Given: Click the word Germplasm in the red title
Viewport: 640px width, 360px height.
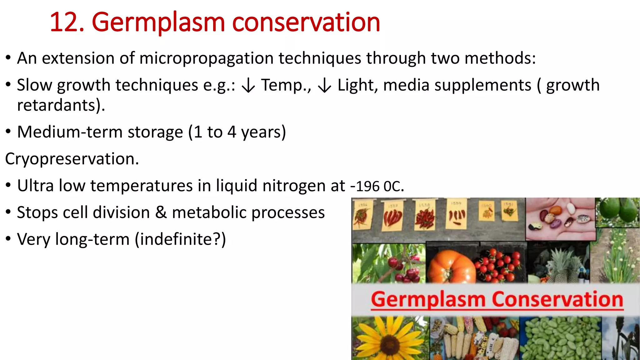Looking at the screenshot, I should click(158, 22).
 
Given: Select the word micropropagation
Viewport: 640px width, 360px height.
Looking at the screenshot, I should click(206, 58).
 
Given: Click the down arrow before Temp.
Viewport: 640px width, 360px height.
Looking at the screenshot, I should click(248, 86).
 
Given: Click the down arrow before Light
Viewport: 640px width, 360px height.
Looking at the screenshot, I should click(325, 86).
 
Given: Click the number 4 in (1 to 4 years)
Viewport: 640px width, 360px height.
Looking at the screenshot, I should click(232, 132).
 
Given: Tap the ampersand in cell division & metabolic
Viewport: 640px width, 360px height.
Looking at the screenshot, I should click(161, 212).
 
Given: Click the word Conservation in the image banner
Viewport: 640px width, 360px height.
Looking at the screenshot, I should click(557, 299).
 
